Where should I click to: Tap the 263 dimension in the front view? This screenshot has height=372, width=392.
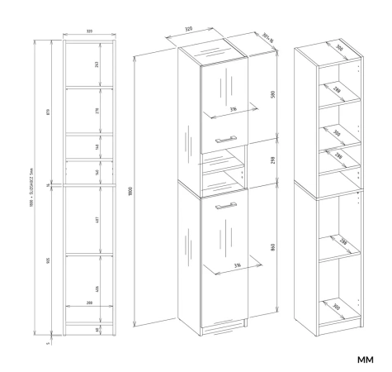pos(98,65)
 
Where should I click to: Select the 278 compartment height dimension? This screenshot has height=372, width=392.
pos(98,110)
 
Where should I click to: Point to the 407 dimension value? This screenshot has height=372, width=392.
pos(98,221)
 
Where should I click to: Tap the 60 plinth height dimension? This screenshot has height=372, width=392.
pos(98,329)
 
